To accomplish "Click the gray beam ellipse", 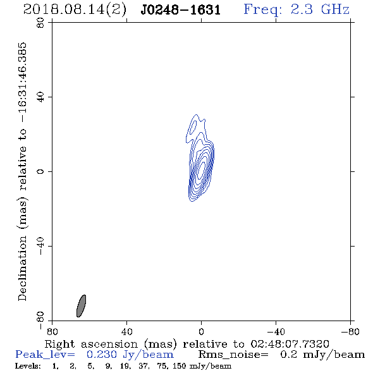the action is tap(81, 306).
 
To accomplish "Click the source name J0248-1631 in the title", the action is tap(181, 10).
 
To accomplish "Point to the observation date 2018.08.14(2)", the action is tap(75, 10).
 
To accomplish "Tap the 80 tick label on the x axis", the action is tap(52, 331).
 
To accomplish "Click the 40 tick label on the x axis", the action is tap(126, 331).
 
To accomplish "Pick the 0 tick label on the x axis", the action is tap(201, 331).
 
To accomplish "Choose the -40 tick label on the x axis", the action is tap(276, 331).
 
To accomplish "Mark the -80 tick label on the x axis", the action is tap(350, 331).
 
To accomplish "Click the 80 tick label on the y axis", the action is tap(40, 23).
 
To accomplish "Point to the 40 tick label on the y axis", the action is tap(40, 97).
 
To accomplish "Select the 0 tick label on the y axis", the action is tap(40, 171).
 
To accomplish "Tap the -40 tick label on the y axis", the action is tap(40, 246).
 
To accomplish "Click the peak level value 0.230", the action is tap(102, 355).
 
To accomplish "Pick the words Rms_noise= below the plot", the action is tap(233, 355).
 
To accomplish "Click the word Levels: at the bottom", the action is tap(28, 366).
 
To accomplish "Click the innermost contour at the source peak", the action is tap(201, 169).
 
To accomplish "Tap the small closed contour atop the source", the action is tap(194, 125).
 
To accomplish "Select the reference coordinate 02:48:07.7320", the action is tap(290, 344).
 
